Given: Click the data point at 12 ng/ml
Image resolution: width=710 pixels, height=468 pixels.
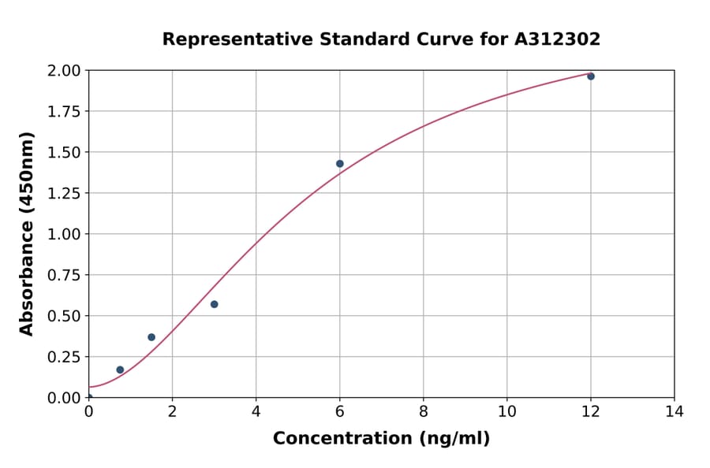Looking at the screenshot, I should tap(591, 76).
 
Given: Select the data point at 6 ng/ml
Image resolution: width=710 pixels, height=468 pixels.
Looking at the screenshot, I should tap(340, 164).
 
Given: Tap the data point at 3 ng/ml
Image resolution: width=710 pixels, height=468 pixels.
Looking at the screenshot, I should tap(215, 304).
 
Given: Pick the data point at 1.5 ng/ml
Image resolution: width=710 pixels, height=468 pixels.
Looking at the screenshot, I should tap(151, 337).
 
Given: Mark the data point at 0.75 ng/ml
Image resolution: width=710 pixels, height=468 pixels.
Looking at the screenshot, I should tap(120, 370).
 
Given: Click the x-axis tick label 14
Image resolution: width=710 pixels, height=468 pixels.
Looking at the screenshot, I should tap(674, 411).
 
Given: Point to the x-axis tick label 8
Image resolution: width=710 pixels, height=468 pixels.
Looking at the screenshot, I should tap(424, 411).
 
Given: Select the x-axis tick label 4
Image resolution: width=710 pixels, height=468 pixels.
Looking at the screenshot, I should tap(256, 411).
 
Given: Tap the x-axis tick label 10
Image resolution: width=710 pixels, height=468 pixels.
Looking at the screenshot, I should tap(507, 411).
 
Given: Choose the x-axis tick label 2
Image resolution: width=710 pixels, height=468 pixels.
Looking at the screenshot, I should tap(172, 411).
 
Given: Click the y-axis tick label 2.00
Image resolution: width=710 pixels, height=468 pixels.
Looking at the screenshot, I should tap(64, 71).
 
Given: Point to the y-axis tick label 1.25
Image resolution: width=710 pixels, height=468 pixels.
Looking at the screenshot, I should tap(64, 193).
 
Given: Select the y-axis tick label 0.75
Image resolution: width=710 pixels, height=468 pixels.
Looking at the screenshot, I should tap(64, 275).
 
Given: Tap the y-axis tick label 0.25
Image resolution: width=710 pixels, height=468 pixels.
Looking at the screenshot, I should tap(64, 357).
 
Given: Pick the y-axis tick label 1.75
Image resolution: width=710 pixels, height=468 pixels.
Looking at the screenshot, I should tap(64, 112).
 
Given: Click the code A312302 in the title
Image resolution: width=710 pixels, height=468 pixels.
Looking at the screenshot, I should tap(557, 39).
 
